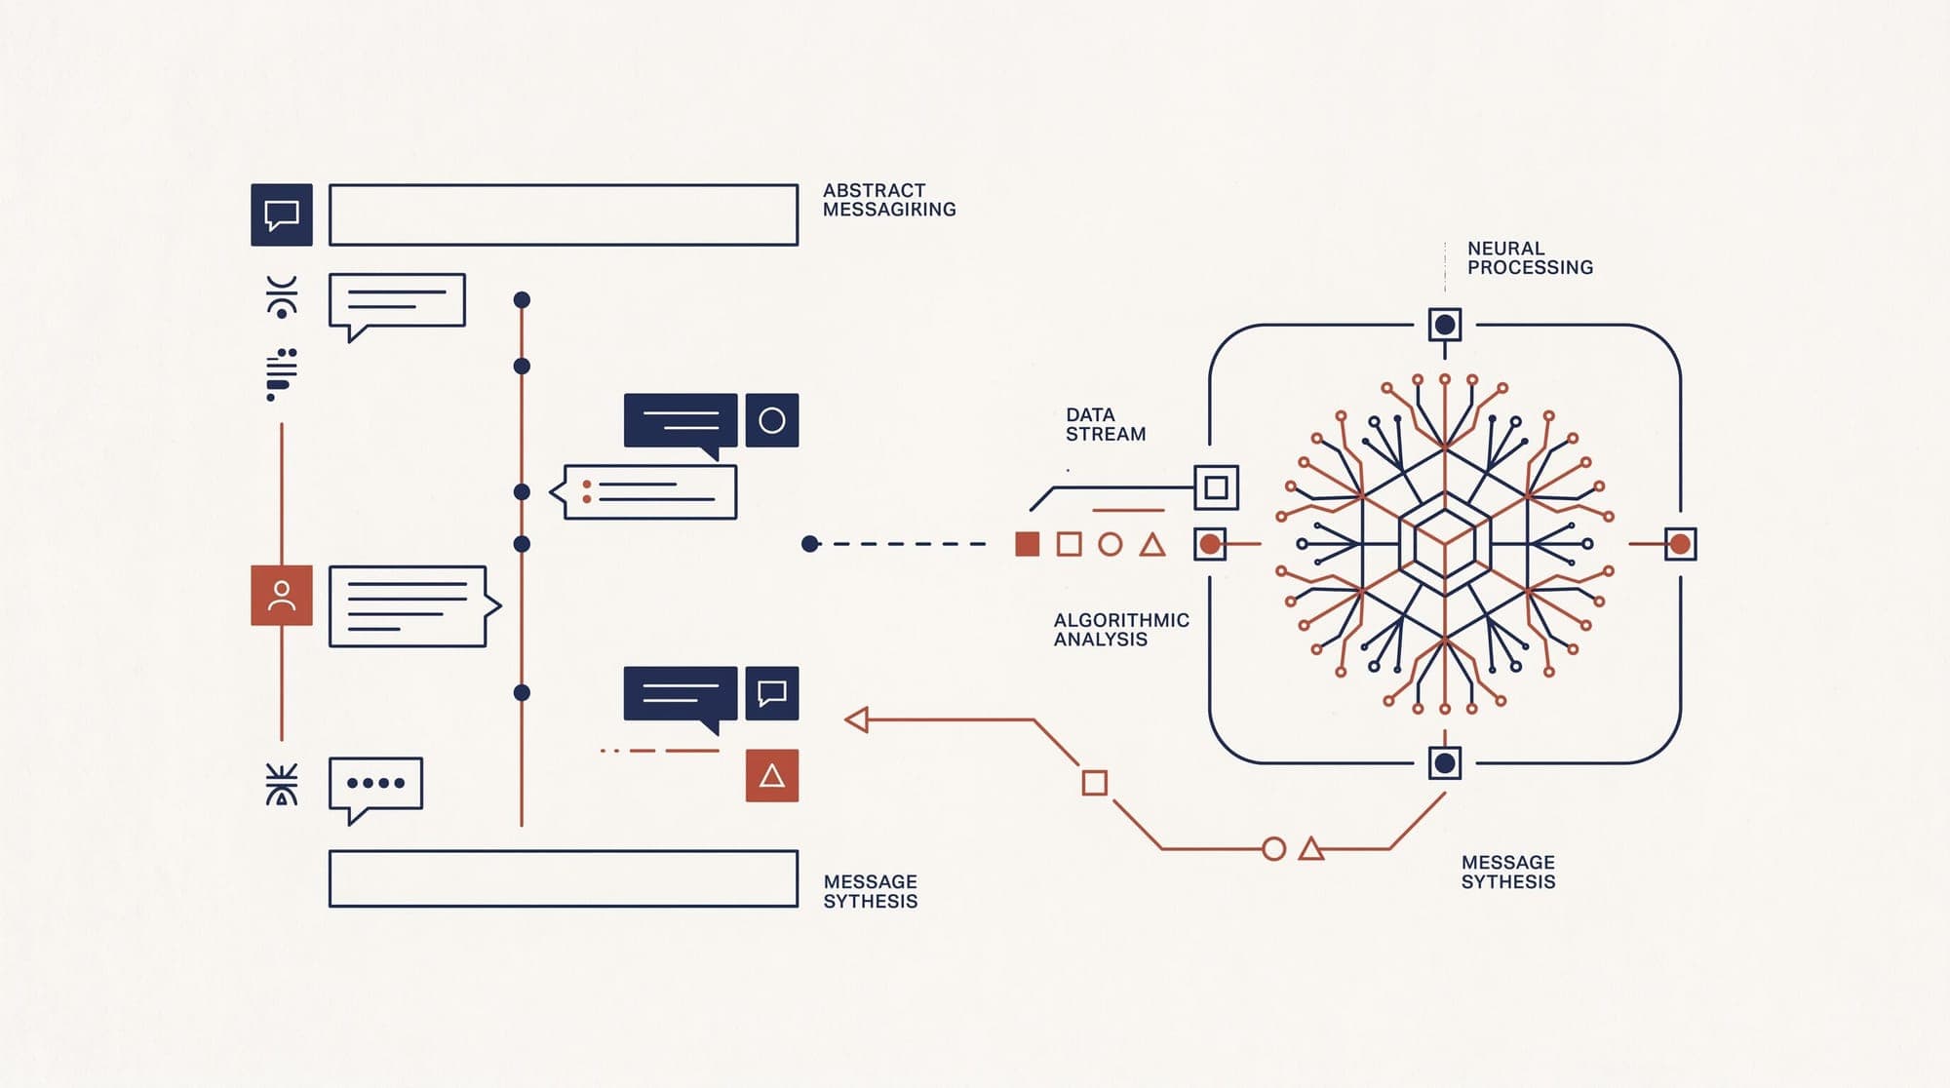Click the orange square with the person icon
282,595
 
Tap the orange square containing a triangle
772,775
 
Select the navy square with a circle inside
772,420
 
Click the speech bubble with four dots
375,784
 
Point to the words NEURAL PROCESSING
1530,258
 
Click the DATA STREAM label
1106,425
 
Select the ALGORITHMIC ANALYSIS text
1121,630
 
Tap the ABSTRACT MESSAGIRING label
889,200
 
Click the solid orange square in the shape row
1027,544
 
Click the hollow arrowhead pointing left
856,720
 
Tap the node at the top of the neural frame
1445,325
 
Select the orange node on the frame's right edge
1679,544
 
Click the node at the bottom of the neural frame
1445,762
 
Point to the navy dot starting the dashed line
809,544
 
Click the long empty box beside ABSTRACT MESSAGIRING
564,214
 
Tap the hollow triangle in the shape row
1152,545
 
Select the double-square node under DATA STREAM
1216,487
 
